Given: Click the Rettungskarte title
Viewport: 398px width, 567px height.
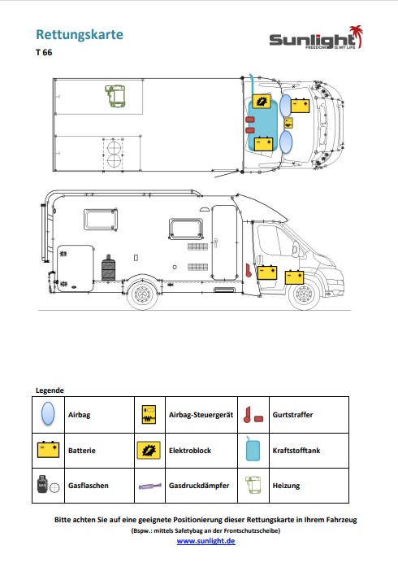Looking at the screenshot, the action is tap(80, 35).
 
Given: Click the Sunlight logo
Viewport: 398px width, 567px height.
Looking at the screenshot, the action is tap(316, 37).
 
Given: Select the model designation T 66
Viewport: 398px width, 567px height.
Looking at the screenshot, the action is tap(44, 52).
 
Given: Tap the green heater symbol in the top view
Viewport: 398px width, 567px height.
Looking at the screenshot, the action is tap(115, 95).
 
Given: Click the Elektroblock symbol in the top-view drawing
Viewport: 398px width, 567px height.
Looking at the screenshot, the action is tap(261, 102).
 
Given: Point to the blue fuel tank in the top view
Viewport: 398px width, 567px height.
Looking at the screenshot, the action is tap(262, 124).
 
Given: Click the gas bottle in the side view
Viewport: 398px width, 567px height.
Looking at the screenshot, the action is tap(108, 268).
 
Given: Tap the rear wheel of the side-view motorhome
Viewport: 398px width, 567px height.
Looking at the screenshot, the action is tap(144, 294).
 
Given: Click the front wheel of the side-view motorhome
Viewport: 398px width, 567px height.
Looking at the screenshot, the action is tap(305, 294).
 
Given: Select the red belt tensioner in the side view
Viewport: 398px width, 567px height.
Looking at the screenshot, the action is tap(249, 270).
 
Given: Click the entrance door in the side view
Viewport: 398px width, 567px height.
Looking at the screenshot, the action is tap(224, 242).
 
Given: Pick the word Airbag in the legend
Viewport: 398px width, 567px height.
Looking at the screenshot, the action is tap(79, 415).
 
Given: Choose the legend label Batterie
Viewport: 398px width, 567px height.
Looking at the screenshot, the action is tap(82, 451).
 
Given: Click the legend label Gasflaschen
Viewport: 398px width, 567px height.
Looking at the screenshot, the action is tap(89, 486).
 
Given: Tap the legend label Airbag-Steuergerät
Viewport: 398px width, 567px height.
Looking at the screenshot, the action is tap(201, 415).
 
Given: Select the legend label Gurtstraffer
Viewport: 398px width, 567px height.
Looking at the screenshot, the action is tap(293, 415).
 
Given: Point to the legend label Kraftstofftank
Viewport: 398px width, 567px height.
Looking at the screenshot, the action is tap(296, 451).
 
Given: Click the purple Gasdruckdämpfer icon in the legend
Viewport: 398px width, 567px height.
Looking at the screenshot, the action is tap(150, 486).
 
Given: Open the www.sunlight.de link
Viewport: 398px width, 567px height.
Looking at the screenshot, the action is tap(205, 541).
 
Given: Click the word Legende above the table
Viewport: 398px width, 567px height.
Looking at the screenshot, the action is tap(50, 390).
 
